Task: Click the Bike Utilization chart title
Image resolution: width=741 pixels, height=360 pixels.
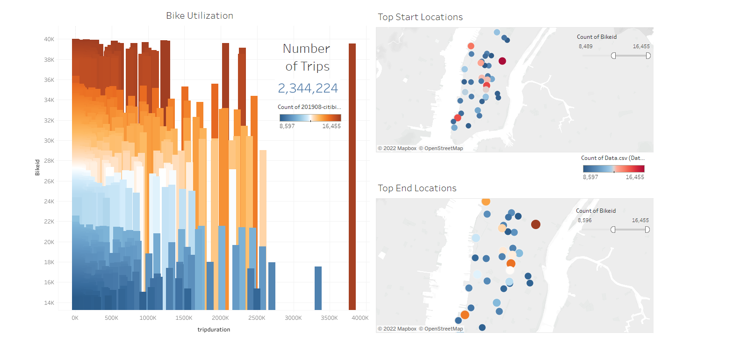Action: tap(200, 15)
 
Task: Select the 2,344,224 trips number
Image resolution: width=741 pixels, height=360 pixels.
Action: tap(308, 88)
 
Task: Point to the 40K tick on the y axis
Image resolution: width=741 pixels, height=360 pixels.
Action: tap(49, 39)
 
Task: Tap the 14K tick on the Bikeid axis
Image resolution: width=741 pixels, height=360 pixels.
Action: tap(49, 303)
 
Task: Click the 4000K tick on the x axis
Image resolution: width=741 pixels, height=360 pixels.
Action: tap(360, 318)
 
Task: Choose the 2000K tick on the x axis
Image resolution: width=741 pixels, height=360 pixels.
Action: tap(220, 318)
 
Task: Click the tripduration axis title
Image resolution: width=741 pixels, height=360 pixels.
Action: tap(214, 330)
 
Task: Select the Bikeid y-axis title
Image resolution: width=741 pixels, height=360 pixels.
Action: tap(37, 167)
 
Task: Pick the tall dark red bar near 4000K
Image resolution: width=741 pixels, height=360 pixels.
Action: tap(352, 178)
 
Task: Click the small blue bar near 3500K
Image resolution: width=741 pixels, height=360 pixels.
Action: tap(318, 288)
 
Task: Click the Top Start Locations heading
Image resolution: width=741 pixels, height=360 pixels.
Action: tap(420, 17)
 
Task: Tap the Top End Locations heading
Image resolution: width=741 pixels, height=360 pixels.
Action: tap(417, 188)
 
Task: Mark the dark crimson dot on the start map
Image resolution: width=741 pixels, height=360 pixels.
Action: tap(502, 61)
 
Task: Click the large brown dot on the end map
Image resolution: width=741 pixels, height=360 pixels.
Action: tap(536, 224)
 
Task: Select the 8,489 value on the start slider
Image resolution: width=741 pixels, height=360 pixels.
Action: tap(585, 46)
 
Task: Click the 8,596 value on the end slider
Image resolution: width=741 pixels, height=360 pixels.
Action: tap(584, 220)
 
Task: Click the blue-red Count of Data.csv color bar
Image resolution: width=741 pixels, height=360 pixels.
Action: tap(613, 169)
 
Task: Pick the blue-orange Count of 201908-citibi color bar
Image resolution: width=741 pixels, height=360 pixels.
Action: tap(310, 118)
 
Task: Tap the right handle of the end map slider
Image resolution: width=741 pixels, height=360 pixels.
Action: tap(647, 230)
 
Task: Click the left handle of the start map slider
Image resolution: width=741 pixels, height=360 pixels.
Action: tap(613, 56)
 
